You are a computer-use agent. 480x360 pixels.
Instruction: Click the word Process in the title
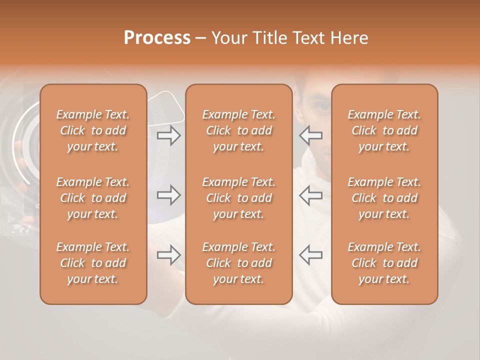click(x=157, y=38)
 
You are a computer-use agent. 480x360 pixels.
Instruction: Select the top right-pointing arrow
click(x=168, y=135)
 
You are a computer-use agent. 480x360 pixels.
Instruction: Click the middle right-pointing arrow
click(x=168, y=195)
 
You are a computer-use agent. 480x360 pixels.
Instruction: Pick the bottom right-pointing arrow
click(x=168, y=255)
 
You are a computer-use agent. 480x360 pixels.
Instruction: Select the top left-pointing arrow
click(x=311, y=135)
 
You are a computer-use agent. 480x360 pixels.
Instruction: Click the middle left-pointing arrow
click(x=311, y=195)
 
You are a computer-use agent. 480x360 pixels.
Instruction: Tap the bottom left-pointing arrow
click(x=311, y=255)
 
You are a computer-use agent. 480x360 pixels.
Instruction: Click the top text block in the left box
click(x=93, y=130)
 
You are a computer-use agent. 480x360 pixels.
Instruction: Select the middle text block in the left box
click(x=93, y=198)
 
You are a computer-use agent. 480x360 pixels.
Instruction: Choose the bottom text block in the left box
click(x=93, y=263)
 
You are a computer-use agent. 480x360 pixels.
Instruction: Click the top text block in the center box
click(x=238, y=130)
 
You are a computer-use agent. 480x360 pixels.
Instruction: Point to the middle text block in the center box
click(x=238, y=198)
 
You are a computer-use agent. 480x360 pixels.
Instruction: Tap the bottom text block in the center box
click(x=238, y=263)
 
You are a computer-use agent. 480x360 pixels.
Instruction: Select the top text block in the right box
click(x=384, y=130)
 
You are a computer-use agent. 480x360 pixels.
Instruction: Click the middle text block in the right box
click(x=384, y=198)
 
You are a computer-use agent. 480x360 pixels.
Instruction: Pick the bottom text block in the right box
click(x=384, y=263)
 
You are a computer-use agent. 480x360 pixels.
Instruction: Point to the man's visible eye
click(x=323, y=106)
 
